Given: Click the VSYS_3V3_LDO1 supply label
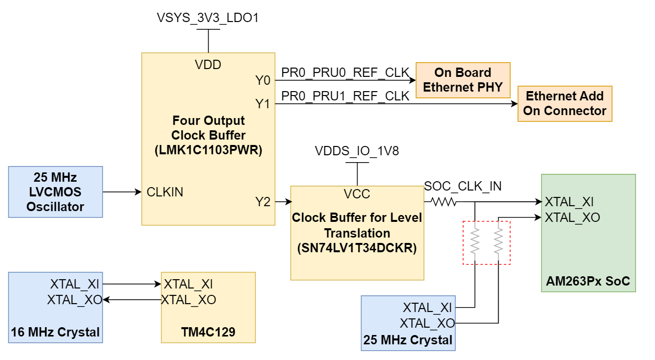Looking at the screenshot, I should coord(207,19).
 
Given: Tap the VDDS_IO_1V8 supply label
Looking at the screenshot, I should coord(357,151).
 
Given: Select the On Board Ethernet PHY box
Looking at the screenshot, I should coord(463,80).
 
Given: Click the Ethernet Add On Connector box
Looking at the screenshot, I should coord(564,104).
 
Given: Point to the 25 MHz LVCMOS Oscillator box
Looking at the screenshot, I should coord(55,192).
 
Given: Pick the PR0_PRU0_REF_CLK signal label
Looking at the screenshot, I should coord(345,73).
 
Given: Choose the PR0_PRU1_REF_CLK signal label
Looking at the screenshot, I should coord(345,96).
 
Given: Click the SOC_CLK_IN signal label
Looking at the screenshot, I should coord(462,186).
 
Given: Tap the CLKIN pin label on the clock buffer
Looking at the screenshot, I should coord(165,192).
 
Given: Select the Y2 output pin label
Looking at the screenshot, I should coord(263,201).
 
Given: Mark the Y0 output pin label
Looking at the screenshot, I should coord(263,80).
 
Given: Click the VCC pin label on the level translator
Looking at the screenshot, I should coord(357,194).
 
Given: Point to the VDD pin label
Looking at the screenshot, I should coord(208,65).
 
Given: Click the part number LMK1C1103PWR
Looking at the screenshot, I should coord(208,150).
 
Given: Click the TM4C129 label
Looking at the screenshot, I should coord(208,332).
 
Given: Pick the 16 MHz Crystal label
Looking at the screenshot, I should coord(55,333).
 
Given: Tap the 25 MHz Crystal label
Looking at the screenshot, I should coord(408,340).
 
